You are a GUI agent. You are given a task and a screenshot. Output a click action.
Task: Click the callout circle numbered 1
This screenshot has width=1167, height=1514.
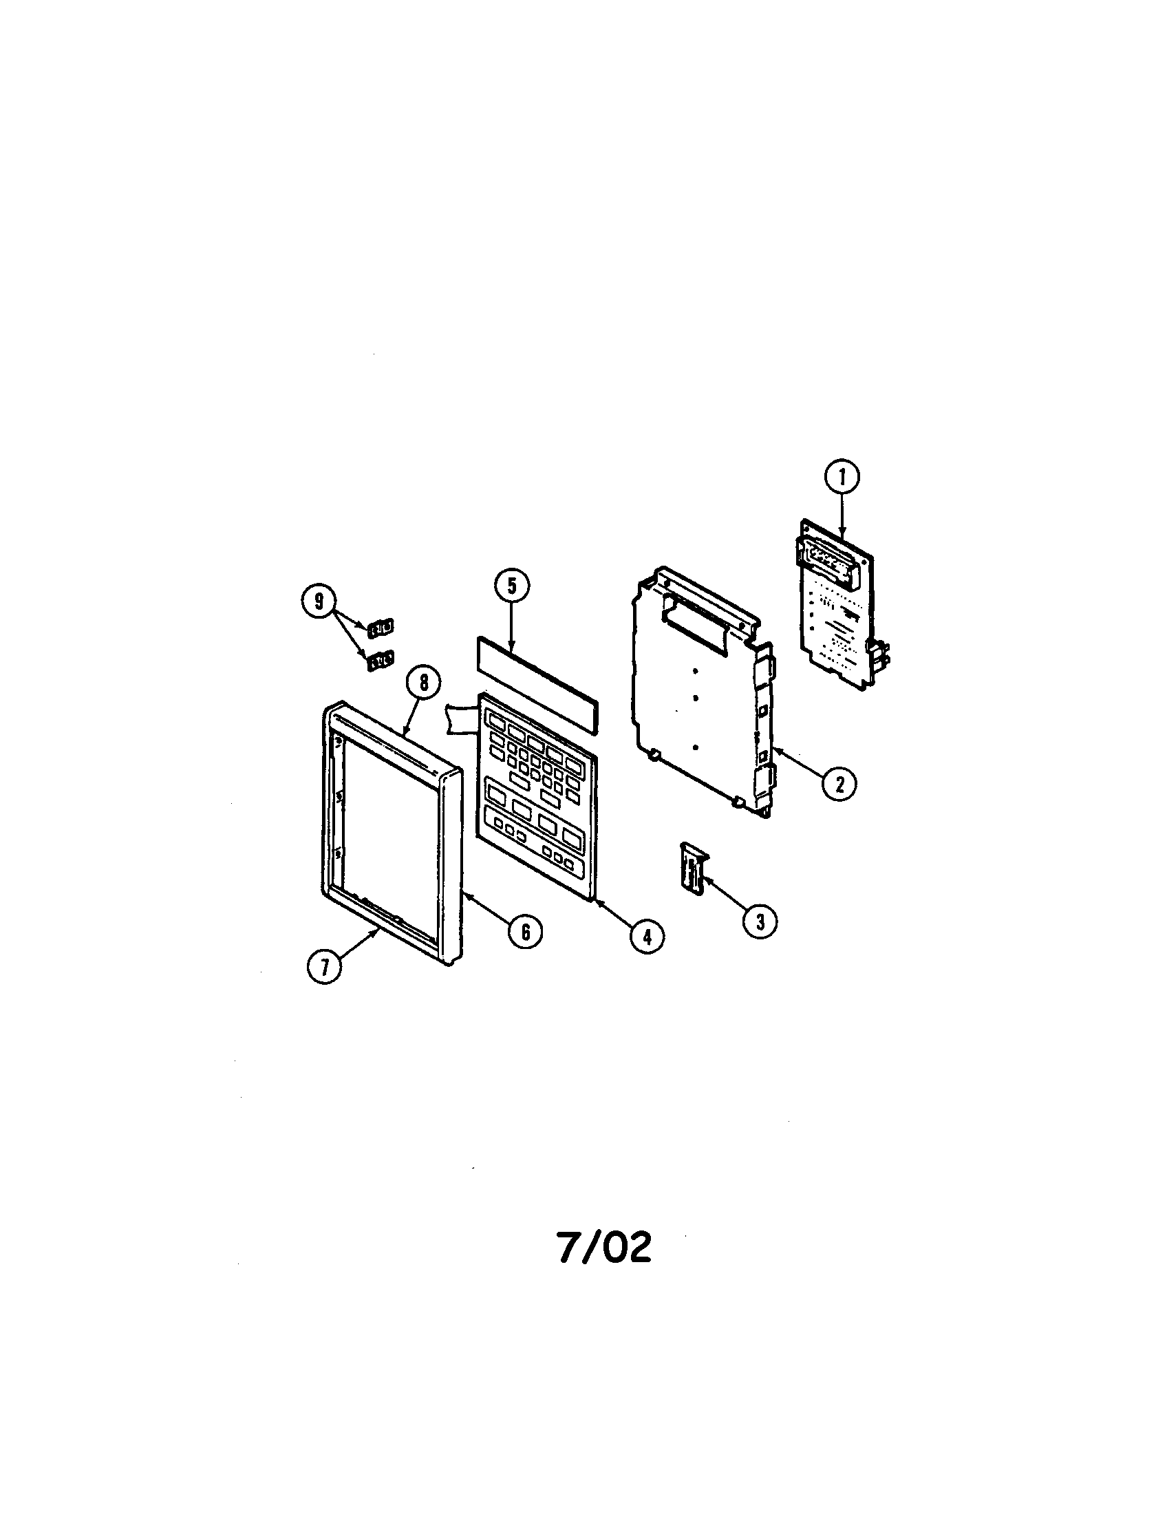[842, 477]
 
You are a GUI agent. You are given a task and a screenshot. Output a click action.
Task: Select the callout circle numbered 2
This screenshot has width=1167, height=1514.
[839, 784]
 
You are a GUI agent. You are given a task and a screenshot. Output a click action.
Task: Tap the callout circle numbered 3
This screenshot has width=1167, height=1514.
[760, 921]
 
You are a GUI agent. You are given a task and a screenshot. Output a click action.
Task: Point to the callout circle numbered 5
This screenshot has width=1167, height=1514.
[511, 586]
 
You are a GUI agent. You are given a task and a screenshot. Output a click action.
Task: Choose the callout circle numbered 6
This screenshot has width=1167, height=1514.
[525, 932]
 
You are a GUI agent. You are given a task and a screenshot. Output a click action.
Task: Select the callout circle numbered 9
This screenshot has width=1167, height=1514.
[319, 601]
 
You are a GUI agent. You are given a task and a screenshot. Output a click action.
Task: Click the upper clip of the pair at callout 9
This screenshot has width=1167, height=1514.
[380, 628]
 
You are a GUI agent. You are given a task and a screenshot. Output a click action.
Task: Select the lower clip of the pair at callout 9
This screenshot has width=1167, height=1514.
[380, 661]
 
